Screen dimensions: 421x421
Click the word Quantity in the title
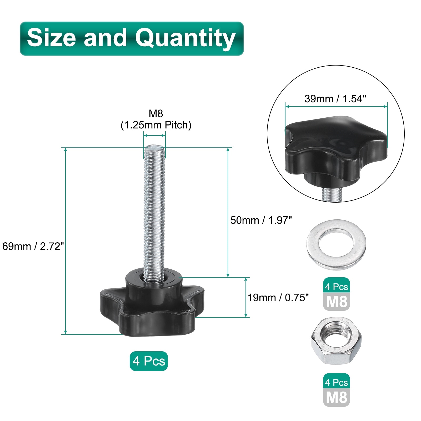[x=185, y=38]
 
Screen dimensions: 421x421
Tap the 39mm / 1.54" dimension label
[x=335, y=99]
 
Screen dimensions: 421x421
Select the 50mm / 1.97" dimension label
[x=261, y=220]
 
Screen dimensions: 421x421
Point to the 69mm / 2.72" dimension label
[x=33, y=246]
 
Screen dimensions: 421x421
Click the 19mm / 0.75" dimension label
[x=278, y=298]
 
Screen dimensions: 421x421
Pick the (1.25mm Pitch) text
[x=156, y=125]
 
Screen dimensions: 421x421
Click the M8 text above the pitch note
[x=156, y=113]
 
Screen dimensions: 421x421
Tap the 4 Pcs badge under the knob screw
[x=149, y=361]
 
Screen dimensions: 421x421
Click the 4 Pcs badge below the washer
[x=337, y=286]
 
